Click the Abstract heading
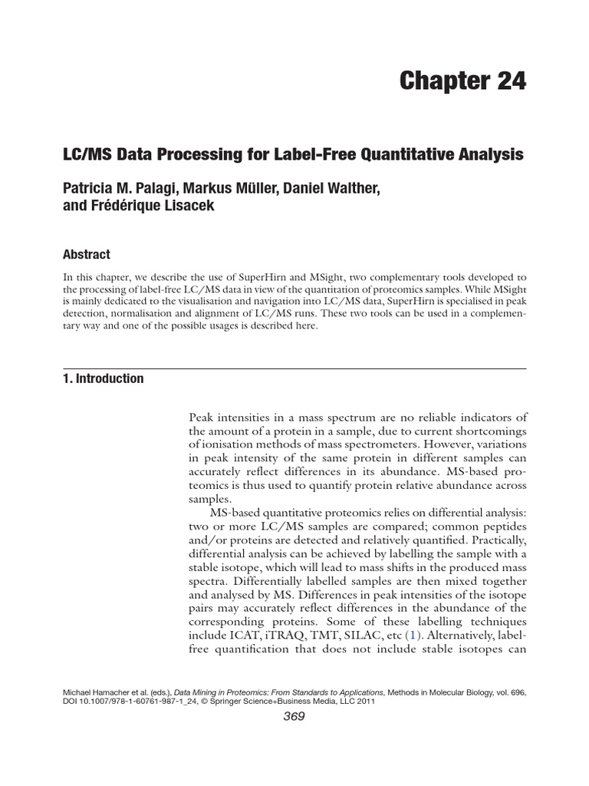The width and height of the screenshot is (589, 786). click(86, 255)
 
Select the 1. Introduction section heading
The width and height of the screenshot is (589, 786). click(103, 378)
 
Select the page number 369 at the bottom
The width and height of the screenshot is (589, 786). click(294, 717)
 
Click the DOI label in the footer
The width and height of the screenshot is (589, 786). click(72, 701)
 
